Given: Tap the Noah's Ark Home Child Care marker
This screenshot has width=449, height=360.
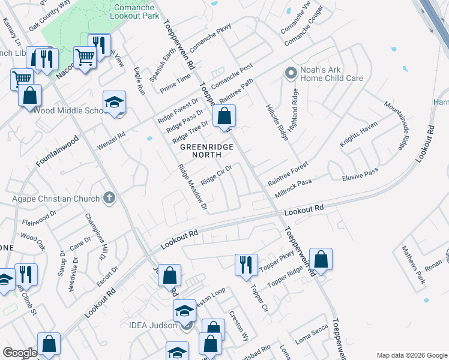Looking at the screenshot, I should coord(291,73).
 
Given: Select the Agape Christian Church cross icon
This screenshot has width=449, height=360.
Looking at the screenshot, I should coord(109,197).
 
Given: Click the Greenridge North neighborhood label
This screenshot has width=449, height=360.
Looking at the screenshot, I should coord(205,150).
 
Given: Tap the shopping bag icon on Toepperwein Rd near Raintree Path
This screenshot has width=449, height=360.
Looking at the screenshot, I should coord(224,116).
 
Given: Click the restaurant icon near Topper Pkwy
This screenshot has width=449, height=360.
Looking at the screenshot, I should coord(246,265).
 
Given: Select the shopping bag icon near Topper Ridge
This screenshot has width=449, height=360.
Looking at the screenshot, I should coord(321,259).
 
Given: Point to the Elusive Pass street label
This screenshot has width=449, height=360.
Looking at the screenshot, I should coord(360,175).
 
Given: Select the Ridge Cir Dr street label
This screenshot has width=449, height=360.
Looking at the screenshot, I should coord(216,176).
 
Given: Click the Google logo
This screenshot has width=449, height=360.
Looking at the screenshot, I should coord(20,353).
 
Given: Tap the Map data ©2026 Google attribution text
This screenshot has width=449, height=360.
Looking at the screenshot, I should coord(411,355).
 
